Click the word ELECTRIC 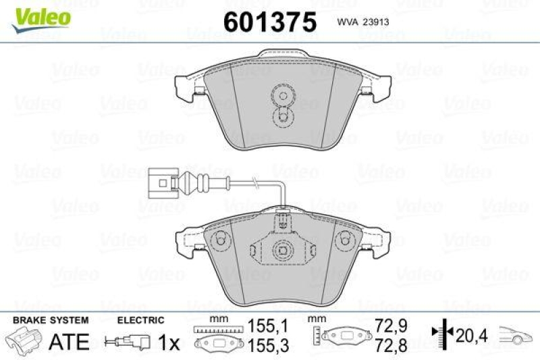coord(141,320)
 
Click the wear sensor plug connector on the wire coord(159,182)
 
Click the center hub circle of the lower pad coord(281,250)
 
